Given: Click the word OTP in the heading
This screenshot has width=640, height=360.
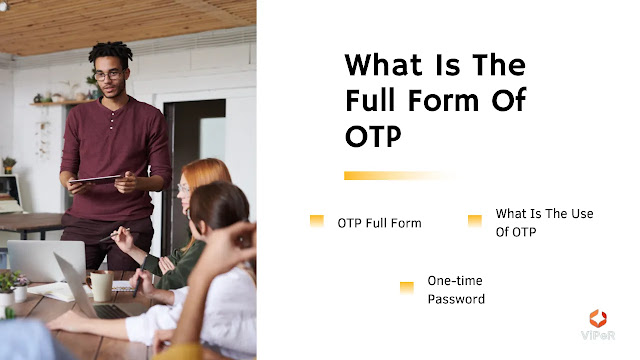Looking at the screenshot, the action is (x=373, y=136).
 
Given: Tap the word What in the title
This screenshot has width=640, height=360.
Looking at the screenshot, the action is (x=383, y=65).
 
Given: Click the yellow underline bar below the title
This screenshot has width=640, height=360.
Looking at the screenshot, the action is (x=398, y=176).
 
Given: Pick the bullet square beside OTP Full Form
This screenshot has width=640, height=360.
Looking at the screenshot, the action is (x=317, y=221).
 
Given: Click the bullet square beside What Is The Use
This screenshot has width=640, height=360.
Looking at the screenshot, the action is (x=475, y=221).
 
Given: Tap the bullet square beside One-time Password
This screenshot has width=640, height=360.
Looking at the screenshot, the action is (x=407, y=288).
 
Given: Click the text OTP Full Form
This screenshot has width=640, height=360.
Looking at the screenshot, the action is (x=379, y=223).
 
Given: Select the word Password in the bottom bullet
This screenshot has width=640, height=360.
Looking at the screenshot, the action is (x=456, y=299).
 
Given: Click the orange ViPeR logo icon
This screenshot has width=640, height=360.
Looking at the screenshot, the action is (x=598, y=318).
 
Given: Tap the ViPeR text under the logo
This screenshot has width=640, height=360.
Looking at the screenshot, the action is (x=598, y=336).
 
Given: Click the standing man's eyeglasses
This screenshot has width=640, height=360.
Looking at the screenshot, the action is (x=109, y=75).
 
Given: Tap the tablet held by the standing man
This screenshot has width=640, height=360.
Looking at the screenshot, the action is (x=96, y=179).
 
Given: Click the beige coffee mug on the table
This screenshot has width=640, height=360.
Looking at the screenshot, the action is (x=99, y=285).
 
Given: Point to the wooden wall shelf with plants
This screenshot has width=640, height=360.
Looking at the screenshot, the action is (x=61, y=103).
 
